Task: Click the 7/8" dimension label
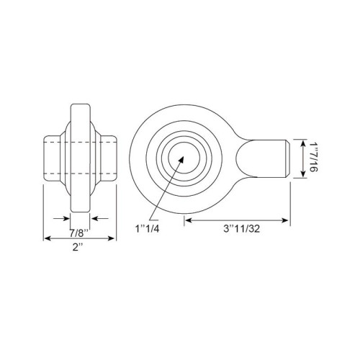(79, 233)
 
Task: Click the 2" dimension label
(78, 248)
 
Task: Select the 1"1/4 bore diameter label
(148, 229)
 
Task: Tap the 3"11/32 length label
(241, 229)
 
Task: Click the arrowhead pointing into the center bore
(181, 159)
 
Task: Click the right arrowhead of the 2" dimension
(112, 238)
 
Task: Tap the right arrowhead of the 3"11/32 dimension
(285, 220)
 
